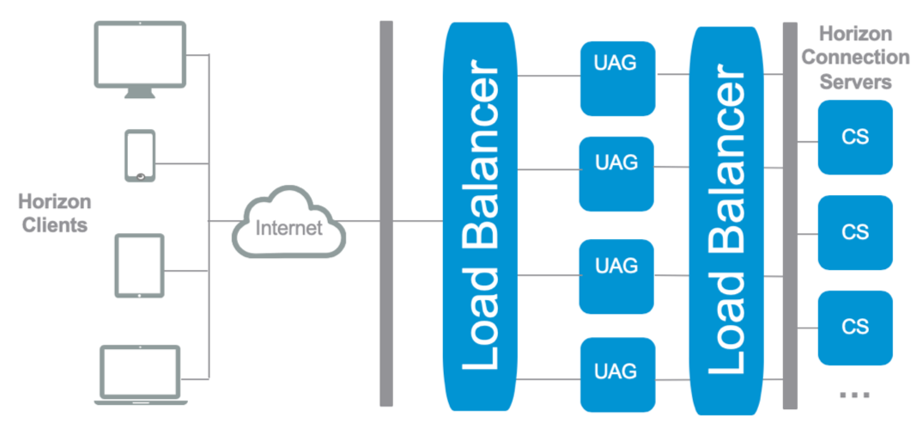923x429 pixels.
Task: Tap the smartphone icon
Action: (x=140, y=156)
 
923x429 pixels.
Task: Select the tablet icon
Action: (x=139, y=266)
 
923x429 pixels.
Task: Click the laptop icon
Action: (x=139, y=373)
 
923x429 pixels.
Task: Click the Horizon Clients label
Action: (x=54, y=214)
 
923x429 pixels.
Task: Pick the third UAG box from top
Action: (x=616, y=276)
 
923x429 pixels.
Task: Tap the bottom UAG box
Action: (x=616, y=374)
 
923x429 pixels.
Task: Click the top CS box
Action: (x=855, y=138)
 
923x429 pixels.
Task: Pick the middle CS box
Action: (x=855, y=232)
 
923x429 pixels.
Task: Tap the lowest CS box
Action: (x=855, y=327)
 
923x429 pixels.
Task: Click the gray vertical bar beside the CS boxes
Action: (x=790, y=215)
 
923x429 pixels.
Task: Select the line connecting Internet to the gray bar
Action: (x=361, y=221)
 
